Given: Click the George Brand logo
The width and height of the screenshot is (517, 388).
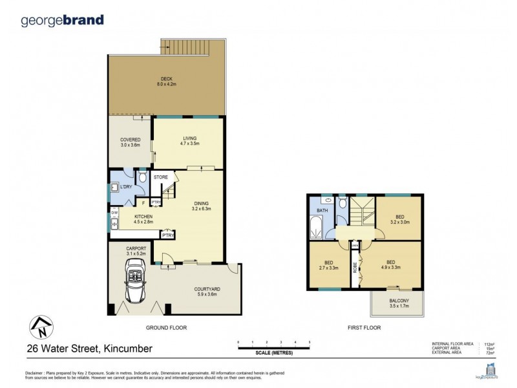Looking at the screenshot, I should [x=62, y=20].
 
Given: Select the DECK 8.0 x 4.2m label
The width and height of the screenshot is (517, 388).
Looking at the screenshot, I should [x=167, y=81].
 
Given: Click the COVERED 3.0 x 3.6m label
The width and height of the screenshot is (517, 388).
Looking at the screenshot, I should [x=130, y=142].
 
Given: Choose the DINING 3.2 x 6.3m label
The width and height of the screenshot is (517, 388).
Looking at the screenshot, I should [x=200, y=206].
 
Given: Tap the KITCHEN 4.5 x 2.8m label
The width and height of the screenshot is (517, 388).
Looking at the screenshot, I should [x=143, y=219].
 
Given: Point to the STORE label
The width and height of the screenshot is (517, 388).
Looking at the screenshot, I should [x=161, y=177].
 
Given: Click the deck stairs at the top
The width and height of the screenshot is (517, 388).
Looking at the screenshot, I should [x=193, y=47].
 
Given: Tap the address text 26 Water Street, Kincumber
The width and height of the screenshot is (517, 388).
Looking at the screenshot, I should [x=89, y=349].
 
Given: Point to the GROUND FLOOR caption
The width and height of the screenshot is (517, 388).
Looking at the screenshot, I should [x=167, y=328].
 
